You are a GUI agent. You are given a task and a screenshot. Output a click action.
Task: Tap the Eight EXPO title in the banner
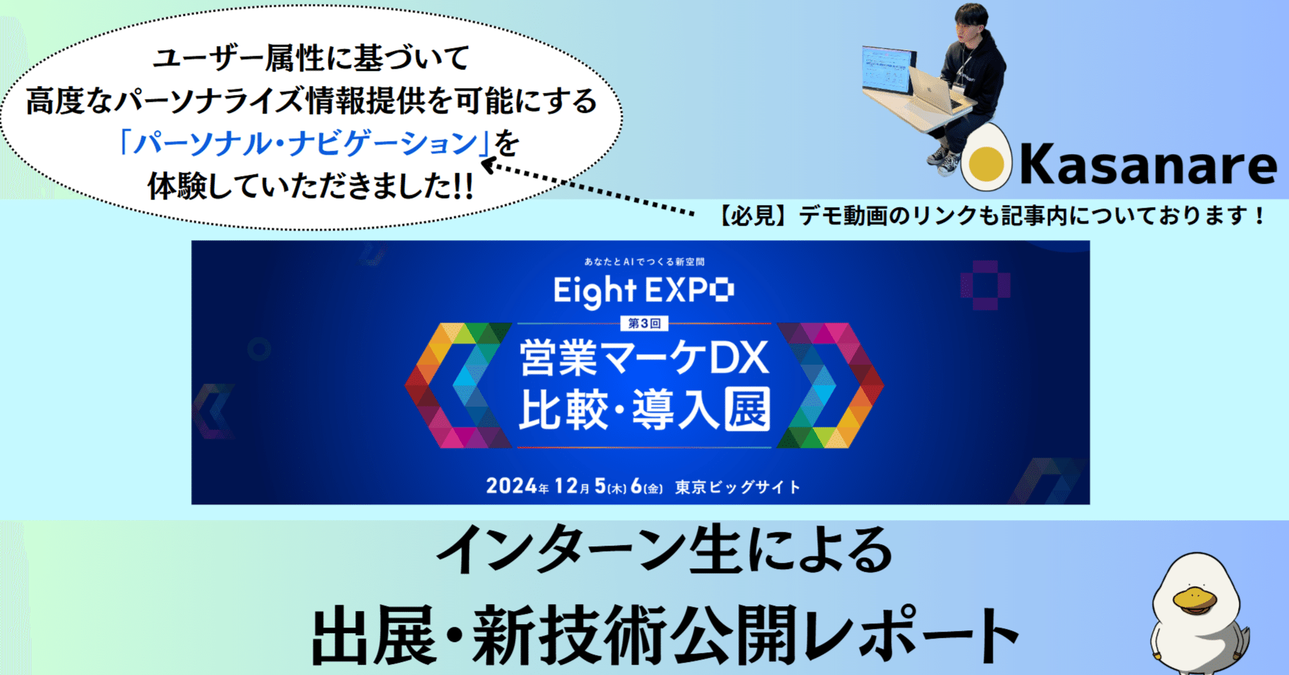[x=643, y=291]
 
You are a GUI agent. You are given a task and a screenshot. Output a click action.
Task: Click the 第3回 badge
[x=643, y=323]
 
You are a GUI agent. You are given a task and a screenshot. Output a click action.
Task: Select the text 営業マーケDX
[x=643, y=358]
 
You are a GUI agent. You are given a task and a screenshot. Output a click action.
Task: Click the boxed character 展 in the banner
[x=747, y=410]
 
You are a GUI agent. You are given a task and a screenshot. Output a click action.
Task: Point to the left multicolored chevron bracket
[x=457, y=385]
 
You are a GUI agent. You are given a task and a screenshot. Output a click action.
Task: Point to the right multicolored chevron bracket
[x=830, y=385]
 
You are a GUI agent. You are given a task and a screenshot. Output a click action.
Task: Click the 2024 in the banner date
[x=511, y=486]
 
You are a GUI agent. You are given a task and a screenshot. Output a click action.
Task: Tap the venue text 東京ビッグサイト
[x=738, y=487]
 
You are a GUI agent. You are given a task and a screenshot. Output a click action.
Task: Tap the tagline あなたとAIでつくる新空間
[x=643, y=261]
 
